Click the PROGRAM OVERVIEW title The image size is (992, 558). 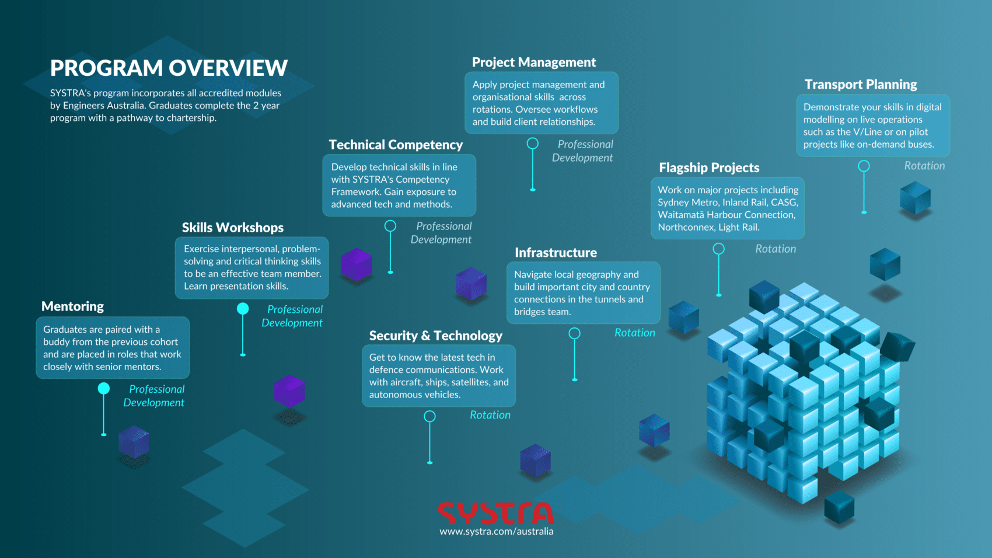(x=169, y=68)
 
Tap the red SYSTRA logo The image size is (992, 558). (x=495, y=513)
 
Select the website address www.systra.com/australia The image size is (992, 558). (x=496, y=532)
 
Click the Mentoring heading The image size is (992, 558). (x=72, y=306)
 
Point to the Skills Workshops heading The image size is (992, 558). (x=232, y=228)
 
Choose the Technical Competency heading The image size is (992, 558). (x=396, y=145)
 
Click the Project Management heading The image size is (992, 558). (x=533, y=62)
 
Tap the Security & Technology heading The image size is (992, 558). (x=435, y=336)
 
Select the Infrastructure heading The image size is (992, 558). (x=556, y=253)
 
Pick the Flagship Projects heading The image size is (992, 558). (x=709, y=168)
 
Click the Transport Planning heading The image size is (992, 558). (x=861, y=85)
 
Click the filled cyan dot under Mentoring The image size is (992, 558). (x=104, y=388)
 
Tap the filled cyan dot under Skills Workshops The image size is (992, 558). (x=243, y=309)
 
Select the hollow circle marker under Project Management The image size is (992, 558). (x=533, y=144)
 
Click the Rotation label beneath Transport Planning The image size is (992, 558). (x=924, y=166)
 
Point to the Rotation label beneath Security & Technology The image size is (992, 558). (x=490, y=415)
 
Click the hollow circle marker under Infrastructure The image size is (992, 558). (x=575, y=333)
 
